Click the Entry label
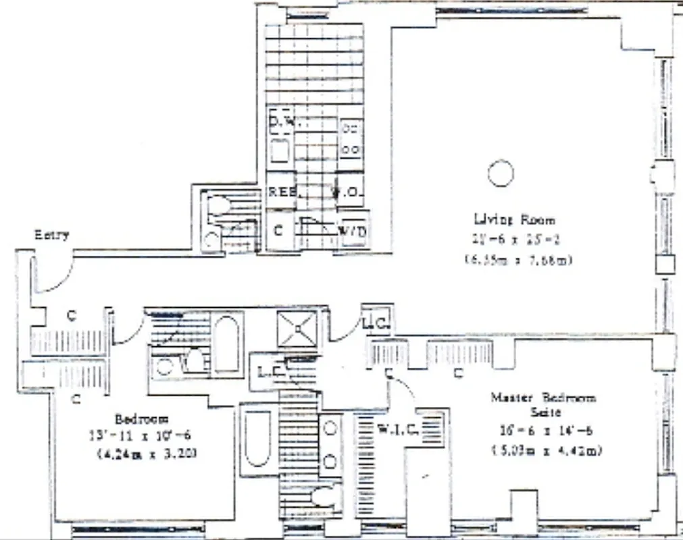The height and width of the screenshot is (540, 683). coord(52,235)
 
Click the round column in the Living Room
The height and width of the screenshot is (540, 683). coord(501,173)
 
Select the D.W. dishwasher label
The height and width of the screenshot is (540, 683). coord(284,122)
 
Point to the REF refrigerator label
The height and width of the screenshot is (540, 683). coord(282,192)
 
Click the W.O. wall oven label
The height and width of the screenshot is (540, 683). coord(349,192)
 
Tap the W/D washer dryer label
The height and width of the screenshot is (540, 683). coord(352,232)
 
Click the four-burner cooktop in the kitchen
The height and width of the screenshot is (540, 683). coord(350,138)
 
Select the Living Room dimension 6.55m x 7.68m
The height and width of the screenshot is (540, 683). coord(518,259)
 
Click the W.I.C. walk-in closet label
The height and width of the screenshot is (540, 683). coord(397,427)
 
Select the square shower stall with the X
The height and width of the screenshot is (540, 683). coord(297,329)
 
